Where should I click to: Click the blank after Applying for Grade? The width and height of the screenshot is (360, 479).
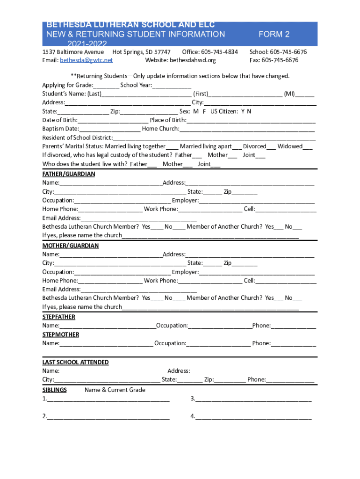[x=106, y=86]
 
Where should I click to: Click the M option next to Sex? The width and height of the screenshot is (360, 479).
[x=195, y=111]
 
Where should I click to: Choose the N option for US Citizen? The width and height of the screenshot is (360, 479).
[x=249, y=111]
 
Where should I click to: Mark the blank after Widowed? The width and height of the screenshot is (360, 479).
[x=308, y=147]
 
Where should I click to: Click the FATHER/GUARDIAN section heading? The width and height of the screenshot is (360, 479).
[x=69, y=174]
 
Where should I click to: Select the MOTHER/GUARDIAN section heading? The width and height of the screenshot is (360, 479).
[x=71, y=246]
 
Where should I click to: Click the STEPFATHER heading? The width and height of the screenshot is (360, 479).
[x=59, y=317]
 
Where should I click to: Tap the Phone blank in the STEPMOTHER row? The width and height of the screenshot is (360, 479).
[x=293, y=344]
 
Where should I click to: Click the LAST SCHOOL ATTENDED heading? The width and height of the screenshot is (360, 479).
[x=76, y=363]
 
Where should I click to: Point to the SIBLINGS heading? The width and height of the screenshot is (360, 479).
[x=55, y=390]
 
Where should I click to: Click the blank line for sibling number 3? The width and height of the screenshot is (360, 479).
[x=253, y=399]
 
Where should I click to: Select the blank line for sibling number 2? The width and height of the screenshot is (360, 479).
[x=108, y=417]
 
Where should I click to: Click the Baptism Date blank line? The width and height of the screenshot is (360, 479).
[x=110, y=129]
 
